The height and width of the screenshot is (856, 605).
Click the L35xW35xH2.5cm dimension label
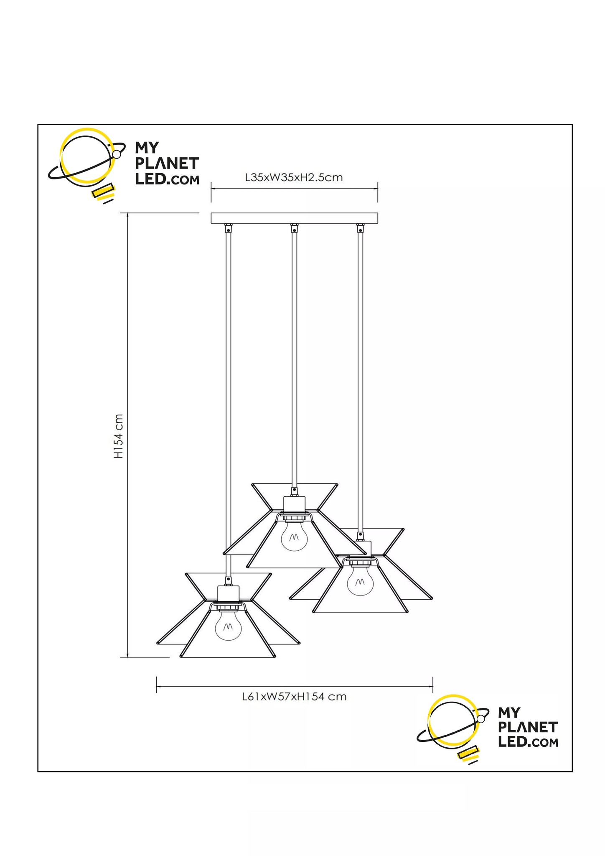[x=294, y=177]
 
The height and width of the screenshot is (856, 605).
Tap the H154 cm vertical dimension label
[x=119, y=436]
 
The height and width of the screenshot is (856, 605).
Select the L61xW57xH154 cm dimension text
[x=294, y=697]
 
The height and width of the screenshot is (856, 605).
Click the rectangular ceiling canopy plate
[x=294, y=218]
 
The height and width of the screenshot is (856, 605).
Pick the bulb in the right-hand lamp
[x=361, y=579]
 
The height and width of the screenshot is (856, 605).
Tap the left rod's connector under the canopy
[x=228, y=228]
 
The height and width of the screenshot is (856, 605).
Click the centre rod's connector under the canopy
[x=294, y=228]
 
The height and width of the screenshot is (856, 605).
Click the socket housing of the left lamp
[x=228, y=594]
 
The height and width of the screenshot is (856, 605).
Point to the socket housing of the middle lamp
[x=294, y=504]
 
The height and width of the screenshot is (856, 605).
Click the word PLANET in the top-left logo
[x=167, y=164]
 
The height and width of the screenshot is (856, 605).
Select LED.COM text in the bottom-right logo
[x=528, y=742]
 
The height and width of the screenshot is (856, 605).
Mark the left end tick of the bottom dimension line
[x=157, y=685]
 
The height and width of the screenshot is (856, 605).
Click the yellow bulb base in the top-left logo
[x=103, y=192]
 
